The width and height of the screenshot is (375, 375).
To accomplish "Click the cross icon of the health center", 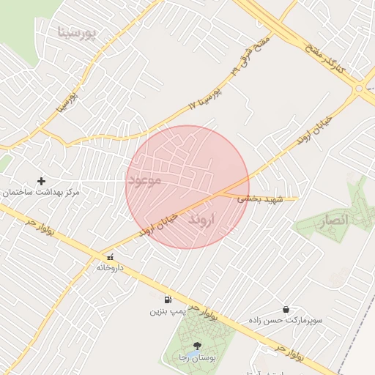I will pos(41,181).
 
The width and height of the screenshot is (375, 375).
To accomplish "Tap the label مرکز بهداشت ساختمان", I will pos(41,193).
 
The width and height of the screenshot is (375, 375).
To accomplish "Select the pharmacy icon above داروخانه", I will pos(110,257).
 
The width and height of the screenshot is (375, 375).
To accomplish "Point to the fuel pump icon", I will pos(169,299).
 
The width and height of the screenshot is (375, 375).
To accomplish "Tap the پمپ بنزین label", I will pos(170,311).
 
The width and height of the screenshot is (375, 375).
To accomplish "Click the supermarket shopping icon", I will pos(285,309).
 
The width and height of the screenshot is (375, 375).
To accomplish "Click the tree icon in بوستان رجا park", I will pos(196,346).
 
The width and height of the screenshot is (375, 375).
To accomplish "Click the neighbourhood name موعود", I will pos(145,179).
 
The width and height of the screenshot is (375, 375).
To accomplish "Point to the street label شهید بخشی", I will pos(253,198).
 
